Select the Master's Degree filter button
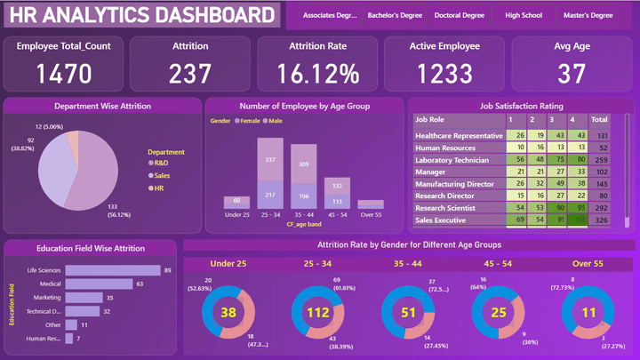[x=589, y=15]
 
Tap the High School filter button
[x=523, y=15]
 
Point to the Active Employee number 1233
[x=444, y=72]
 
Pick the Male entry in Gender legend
[x=273, y=120]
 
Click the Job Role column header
[x=430, y=118]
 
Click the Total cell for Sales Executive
[x=600, y=219]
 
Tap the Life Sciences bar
[x=113, y=270]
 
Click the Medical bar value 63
[x=140, y=284]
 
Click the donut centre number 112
[x=316, y=313]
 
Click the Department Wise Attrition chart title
[x=102, y=107]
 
